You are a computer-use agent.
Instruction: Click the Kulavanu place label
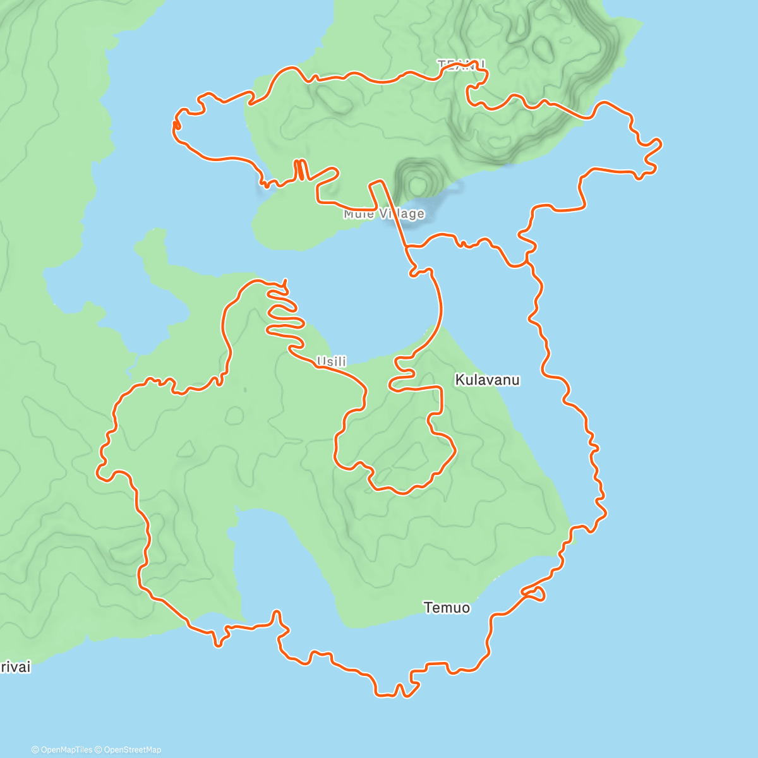coord(487,380)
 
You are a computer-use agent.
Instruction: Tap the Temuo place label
coord(447,608)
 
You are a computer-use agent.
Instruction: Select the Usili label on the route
coord(332,361)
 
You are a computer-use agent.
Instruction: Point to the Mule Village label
coord(384,214)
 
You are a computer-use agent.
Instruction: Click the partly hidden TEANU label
coord(462,64)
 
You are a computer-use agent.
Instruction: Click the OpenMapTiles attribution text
coord(62,750)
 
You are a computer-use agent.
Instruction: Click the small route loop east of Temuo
coord(535,593)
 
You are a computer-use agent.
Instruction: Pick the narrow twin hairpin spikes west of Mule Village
coord(301,170)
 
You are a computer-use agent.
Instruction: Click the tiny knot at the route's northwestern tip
coord(177,124)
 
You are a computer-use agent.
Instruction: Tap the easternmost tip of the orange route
coord(661,145)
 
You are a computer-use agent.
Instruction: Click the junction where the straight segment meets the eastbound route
coord(408,247)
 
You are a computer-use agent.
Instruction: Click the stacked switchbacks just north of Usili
coord(282,313)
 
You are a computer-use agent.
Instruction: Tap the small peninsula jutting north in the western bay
coord(150,243)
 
